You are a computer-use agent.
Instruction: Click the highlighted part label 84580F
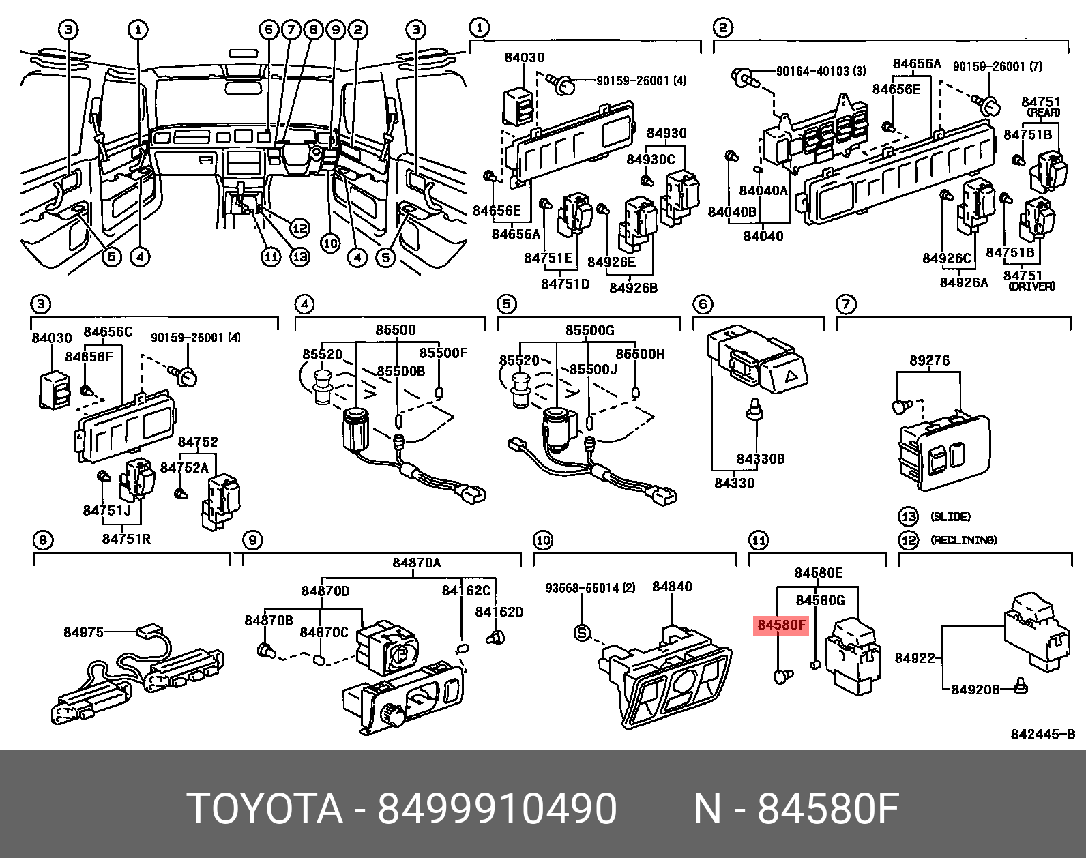pyautogui.click(x=780, y=624)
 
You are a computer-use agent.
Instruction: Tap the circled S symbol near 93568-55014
pyautogui.click(x=581, y=634)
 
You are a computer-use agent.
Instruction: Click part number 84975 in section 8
pyautogui.click(x=83, y=632)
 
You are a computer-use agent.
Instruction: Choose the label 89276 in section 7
pyautogui.click(x=929, y=360)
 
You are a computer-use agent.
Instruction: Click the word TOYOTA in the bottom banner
pyautogui.click(x=265, y=809)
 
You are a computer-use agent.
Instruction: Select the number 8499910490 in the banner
pyautogui.click(x=497, y=809)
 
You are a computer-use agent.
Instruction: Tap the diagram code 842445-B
pyautogui.click(x=1042, y=734)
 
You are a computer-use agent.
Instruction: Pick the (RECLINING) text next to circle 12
pyautogui.click(x=963, y=540)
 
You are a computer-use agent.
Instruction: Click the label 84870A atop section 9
pyautogui.click(x=416, y=563)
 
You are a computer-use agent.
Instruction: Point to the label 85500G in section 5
pyautogui.click(x=589, y=330)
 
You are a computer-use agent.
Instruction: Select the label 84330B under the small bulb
pyautogui.click(x=760, y=459)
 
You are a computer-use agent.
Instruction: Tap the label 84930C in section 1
pyautogui.click(x=650, y=160)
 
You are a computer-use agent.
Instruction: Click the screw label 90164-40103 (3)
pyautogui.click(x=821, y=71)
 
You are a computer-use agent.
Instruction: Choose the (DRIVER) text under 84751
pyautogui.click(x=1031, y=286)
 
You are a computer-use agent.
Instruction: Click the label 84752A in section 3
pyautogui.click(x=184, y=467)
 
